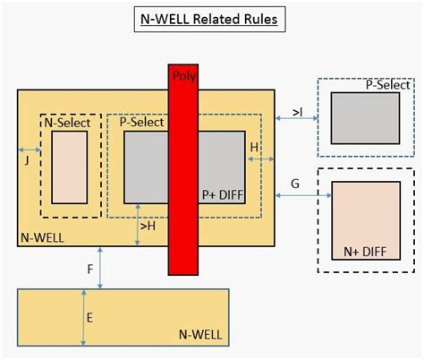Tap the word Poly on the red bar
[183, 76]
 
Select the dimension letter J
[29, 161]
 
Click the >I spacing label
[297, 113]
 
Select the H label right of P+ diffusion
[254, 146]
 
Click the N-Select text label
[69, 123]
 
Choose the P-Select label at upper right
[387, 86]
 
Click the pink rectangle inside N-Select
[70, 167]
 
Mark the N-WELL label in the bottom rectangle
[202, 334]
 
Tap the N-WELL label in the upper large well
[41, 238]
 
